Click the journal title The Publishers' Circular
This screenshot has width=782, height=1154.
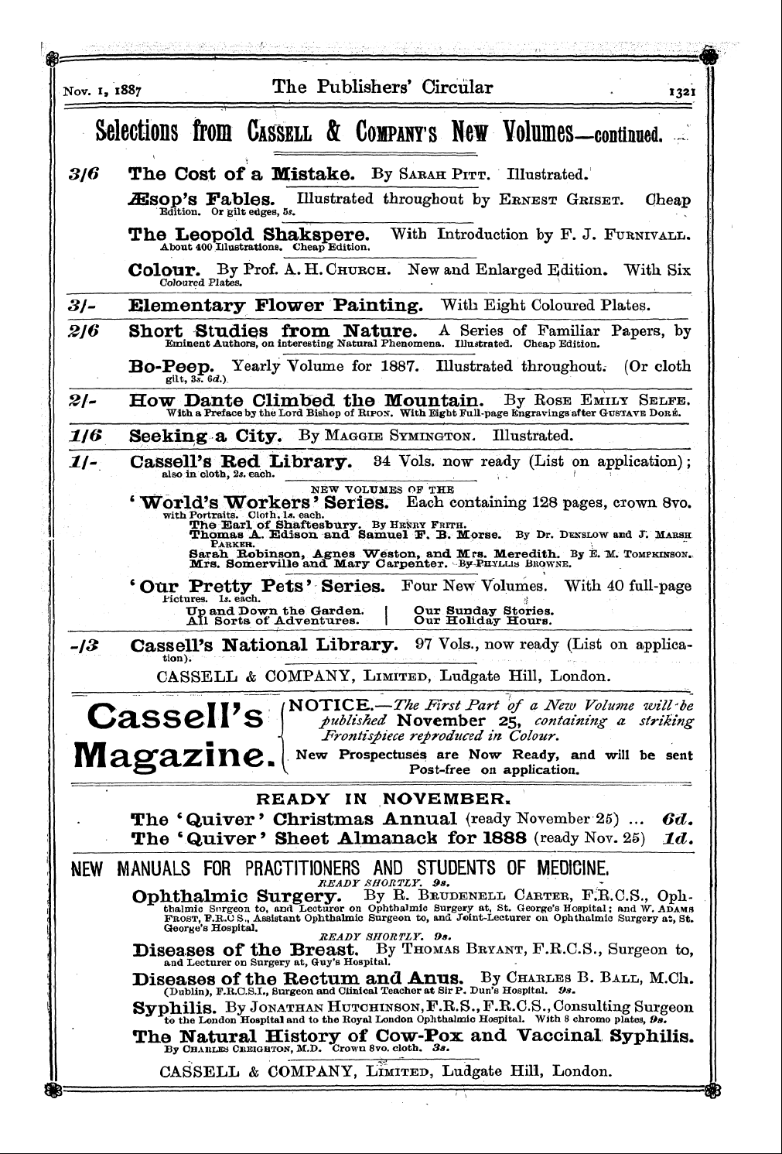(x=382, y=87)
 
